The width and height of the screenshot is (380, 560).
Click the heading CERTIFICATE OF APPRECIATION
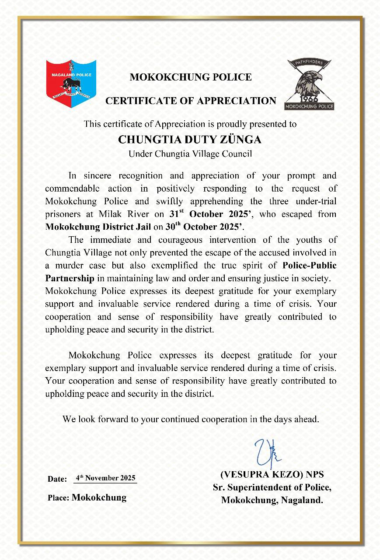coord(191,101)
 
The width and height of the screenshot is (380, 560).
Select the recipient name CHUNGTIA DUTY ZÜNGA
coord(190,140)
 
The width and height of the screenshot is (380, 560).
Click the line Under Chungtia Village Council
coord(190,154)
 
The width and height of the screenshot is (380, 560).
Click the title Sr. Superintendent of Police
coord(272,487)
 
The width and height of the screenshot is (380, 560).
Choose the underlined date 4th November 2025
coord(105,478)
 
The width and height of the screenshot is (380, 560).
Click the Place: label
coord(59,498)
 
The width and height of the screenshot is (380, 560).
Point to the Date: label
coord(57,479)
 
